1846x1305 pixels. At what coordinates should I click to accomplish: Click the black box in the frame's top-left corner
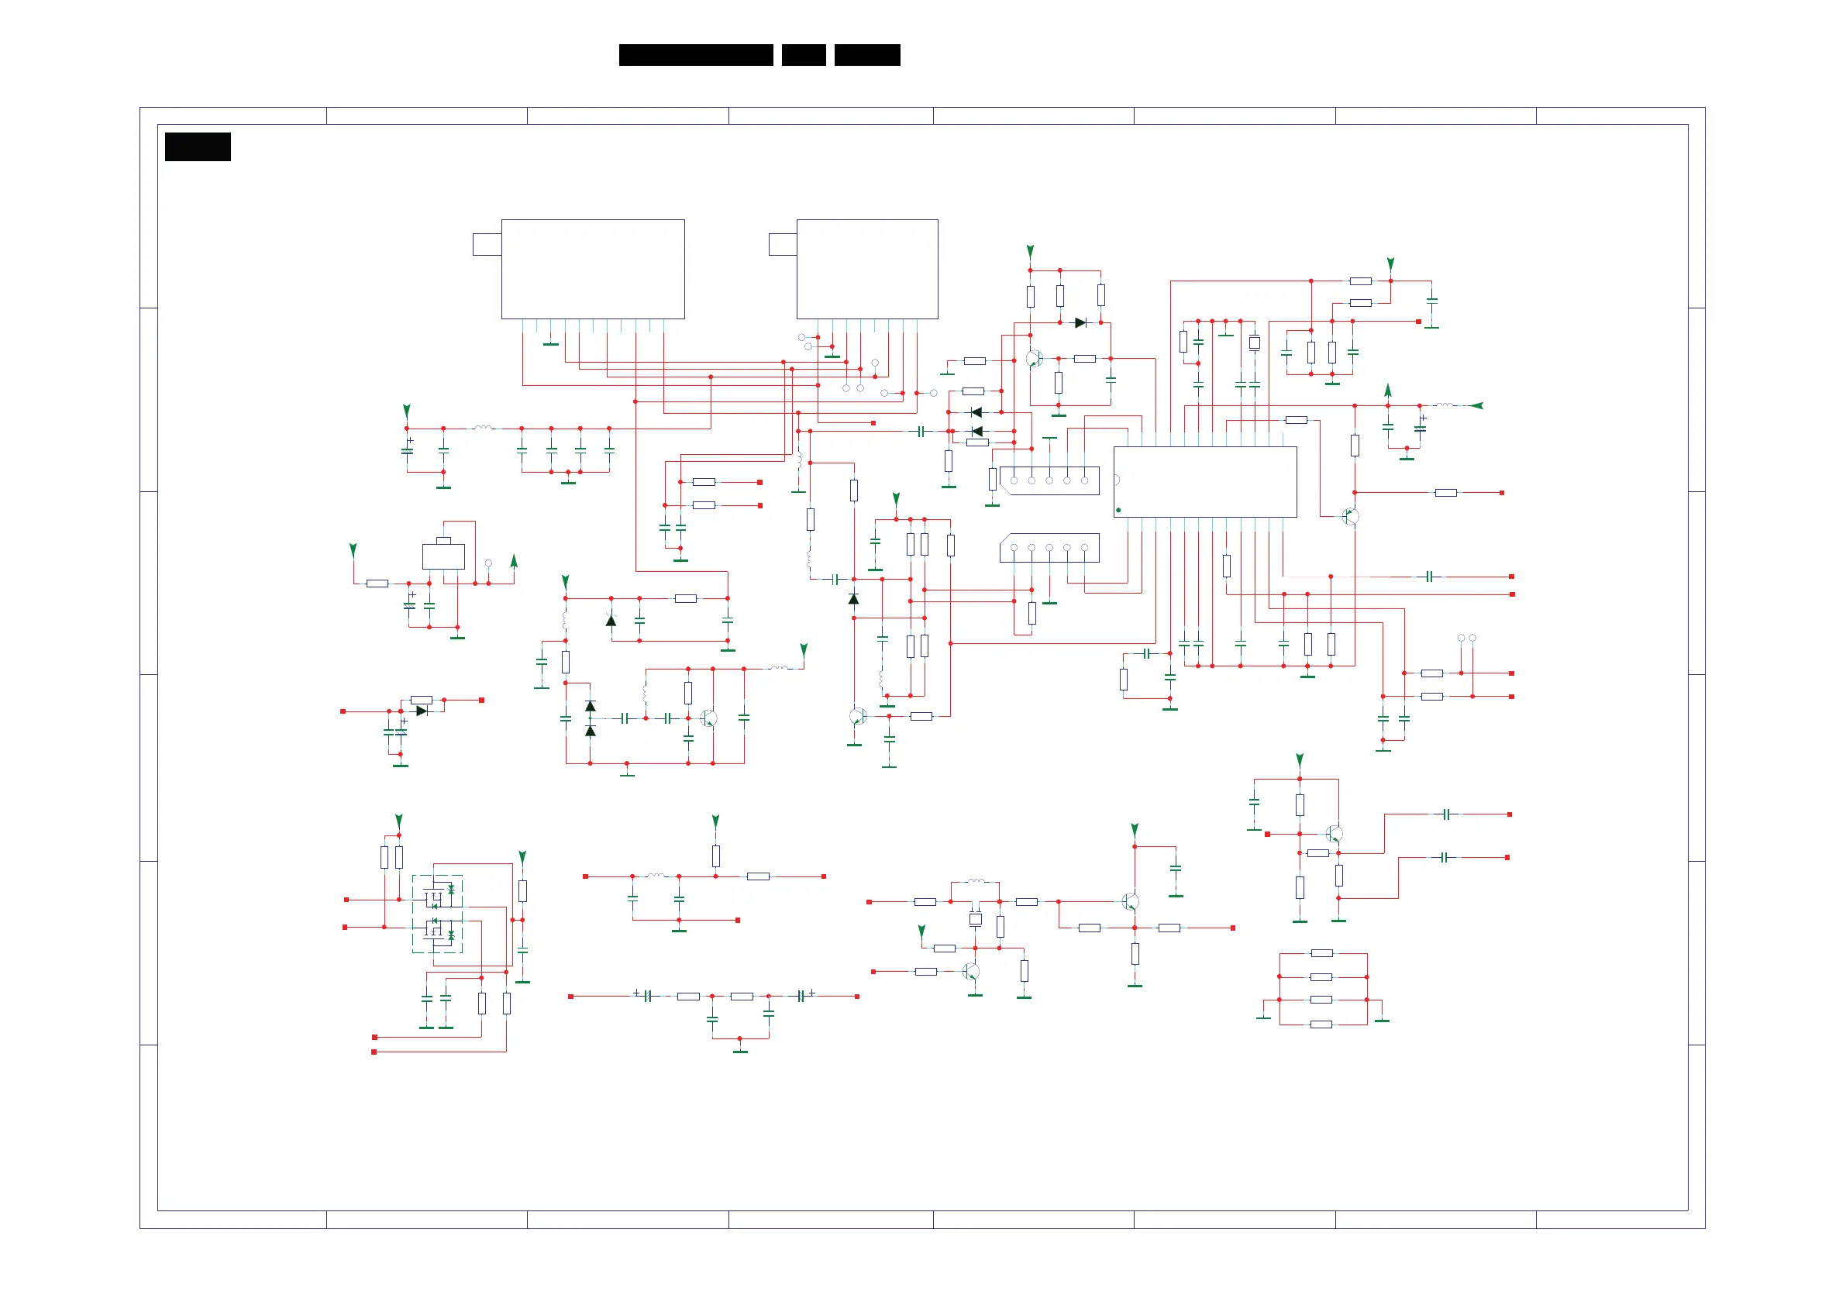198,147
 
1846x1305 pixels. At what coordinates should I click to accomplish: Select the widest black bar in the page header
695,55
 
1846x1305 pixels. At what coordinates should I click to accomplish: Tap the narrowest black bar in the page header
803,55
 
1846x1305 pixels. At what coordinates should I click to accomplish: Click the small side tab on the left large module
487,244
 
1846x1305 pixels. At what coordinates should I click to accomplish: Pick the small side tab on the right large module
782,244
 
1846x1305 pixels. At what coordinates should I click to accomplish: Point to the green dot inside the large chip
1118,510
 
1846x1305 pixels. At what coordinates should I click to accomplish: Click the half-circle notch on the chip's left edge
1117,480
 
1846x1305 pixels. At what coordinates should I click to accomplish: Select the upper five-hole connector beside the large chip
1049,480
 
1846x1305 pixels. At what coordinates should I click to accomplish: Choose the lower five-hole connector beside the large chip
1049,548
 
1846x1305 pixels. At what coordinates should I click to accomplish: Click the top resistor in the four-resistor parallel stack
1322,953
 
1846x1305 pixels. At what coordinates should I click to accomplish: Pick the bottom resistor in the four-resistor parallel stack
1322,1024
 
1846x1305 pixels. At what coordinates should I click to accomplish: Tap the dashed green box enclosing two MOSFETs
437,914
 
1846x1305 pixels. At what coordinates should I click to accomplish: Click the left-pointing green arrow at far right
1476,406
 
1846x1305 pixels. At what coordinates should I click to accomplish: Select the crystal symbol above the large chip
1254,343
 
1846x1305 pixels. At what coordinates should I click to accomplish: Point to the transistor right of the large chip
1351,516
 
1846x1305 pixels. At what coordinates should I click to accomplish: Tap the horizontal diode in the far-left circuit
422,711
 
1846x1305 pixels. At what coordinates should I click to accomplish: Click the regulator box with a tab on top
443,556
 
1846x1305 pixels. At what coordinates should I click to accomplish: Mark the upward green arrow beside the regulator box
514,560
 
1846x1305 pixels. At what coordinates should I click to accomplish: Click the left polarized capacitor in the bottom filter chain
646,997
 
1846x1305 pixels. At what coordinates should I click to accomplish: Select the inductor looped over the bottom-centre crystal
975,882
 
